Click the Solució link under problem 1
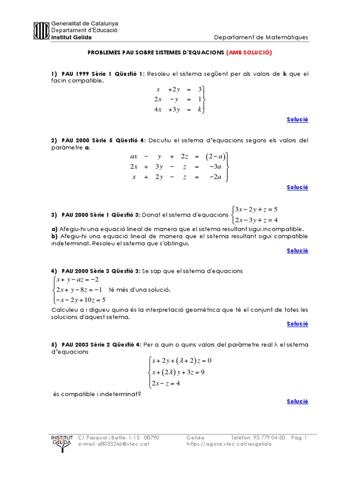(x=297, y=120)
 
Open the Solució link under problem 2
(x=297, y=187)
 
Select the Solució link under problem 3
(x=297, y=250)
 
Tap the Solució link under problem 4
(x=297, y=323)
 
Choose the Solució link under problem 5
(x=297, y=401)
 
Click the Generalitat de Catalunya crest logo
(x=41, y=30)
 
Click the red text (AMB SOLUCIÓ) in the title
(x=249, y=53)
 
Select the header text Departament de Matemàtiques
(x=261, y=37)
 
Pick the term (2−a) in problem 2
(x=216, y=157)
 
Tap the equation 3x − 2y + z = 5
(x=256, y=209)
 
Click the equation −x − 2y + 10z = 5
(x=80, y=300)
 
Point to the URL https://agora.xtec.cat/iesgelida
(x=229, y=444)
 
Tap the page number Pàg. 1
(x=299, y=437)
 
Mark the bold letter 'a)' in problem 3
(x=54, y=229)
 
